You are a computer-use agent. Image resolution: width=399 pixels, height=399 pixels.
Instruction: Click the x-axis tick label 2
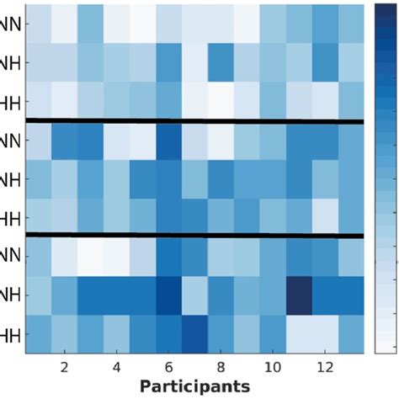click(65, 368)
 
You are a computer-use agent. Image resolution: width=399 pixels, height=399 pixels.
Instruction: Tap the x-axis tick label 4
click(117, 368)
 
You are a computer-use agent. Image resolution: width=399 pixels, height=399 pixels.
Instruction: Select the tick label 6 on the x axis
click(169, 368)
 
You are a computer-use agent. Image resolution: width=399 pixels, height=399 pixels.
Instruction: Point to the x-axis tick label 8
click(221, 368)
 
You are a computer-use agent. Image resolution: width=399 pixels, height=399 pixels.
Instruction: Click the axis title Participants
click(194, 386)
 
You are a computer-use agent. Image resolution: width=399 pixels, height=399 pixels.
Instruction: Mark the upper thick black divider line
click(194, 121)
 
